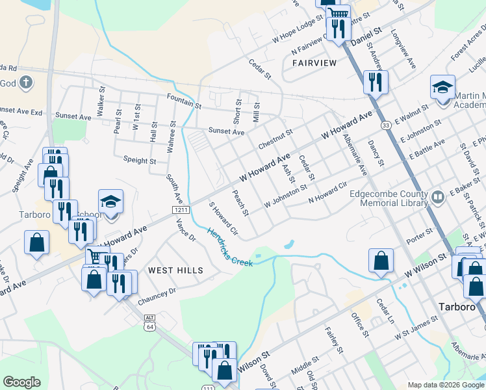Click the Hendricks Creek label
click(x=230, y=247)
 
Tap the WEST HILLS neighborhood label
click(x=175, y=270)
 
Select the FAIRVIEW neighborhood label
click(x=314, y=63)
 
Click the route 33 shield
click(x=386, y=125)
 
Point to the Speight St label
click(x=139, y=161)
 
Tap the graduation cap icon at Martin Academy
click(x=442, y=87)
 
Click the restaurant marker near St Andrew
click(x=376, y=82)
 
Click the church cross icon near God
click(x=25, y=83)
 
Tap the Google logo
click(x=21, y=382)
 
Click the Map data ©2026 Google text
click(x=445, y=385)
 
